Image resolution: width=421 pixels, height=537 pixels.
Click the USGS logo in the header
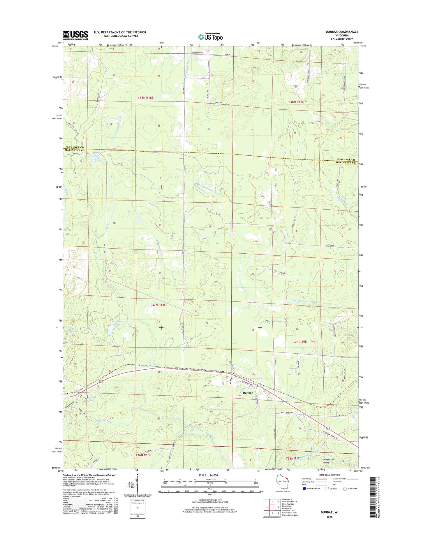75,35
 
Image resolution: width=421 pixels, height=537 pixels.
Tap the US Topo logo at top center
210,36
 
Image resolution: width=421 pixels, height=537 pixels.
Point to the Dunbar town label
248,393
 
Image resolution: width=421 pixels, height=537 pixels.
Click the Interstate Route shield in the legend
304,489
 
